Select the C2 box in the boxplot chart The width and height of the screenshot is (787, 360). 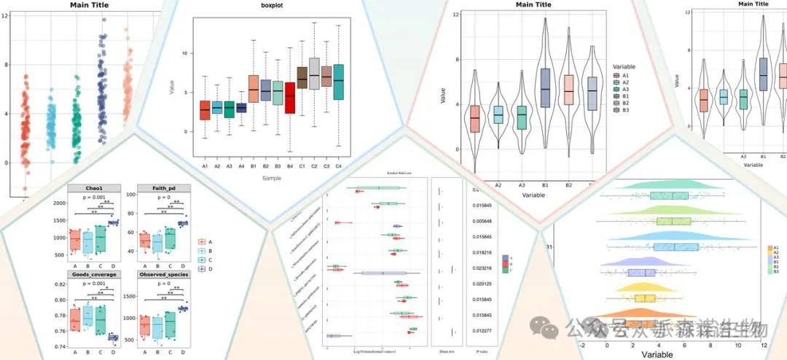click(314, 73)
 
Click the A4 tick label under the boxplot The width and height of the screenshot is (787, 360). click(242, 167)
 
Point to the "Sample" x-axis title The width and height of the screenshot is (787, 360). click(271, 177)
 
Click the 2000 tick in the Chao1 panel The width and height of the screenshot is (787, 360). click(57, 203)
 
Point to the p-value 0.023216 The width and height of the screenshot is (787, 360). click(480, 268)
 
